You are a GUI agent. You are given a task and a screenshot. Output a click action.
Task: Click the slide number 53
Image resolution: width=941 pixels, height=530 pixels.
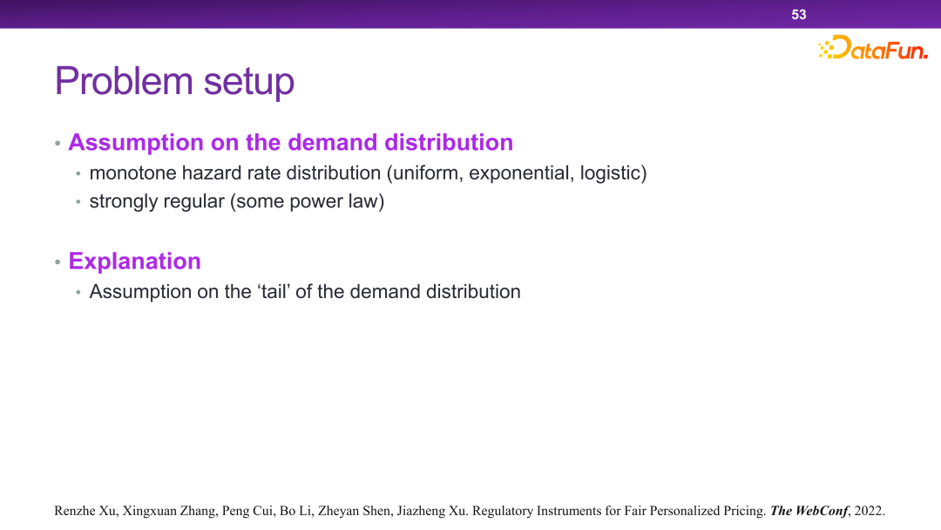(798, 15)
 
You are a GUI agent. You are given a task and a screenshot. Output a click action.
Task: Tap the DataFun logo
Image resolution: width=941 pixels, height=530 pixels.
(872, 47)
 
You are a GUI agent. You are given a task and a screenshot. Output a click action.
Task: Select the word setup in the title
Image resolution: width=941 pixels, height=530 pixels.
(248, 83)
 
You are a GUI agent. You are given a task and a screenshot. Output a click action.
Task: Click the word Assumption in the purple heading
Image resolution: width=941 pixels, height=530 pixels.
(136, 143)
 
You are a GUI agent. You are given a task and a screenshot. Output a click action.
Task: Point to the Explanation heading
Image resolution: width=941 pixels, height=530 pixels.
(134, 262)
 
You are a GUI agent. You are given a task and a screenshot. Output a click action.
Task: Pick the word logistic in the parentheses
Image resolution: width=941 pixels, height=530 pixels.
(610, 173)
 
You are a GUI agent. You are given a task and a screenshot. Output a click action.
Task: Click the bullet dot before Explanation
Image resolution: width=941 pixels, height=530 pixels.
(58, 262)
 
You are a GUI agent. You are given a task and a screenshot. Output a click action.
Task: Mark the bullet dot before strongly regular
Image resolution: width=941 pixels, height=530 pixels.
(78, 202)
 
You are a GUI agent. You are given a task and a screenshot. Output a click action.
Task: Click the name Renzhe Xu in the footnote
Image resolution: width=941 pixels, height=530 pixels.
(85, 511)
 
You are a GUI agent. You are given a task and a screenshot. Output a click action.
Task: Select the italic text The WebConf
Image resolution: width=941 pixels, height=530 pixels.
(809, 511)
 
